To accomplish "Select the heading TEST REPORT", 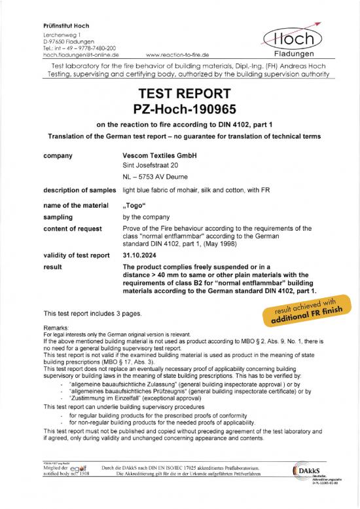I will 180,92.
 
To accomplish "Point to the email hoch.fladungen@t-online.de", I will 83,55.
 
